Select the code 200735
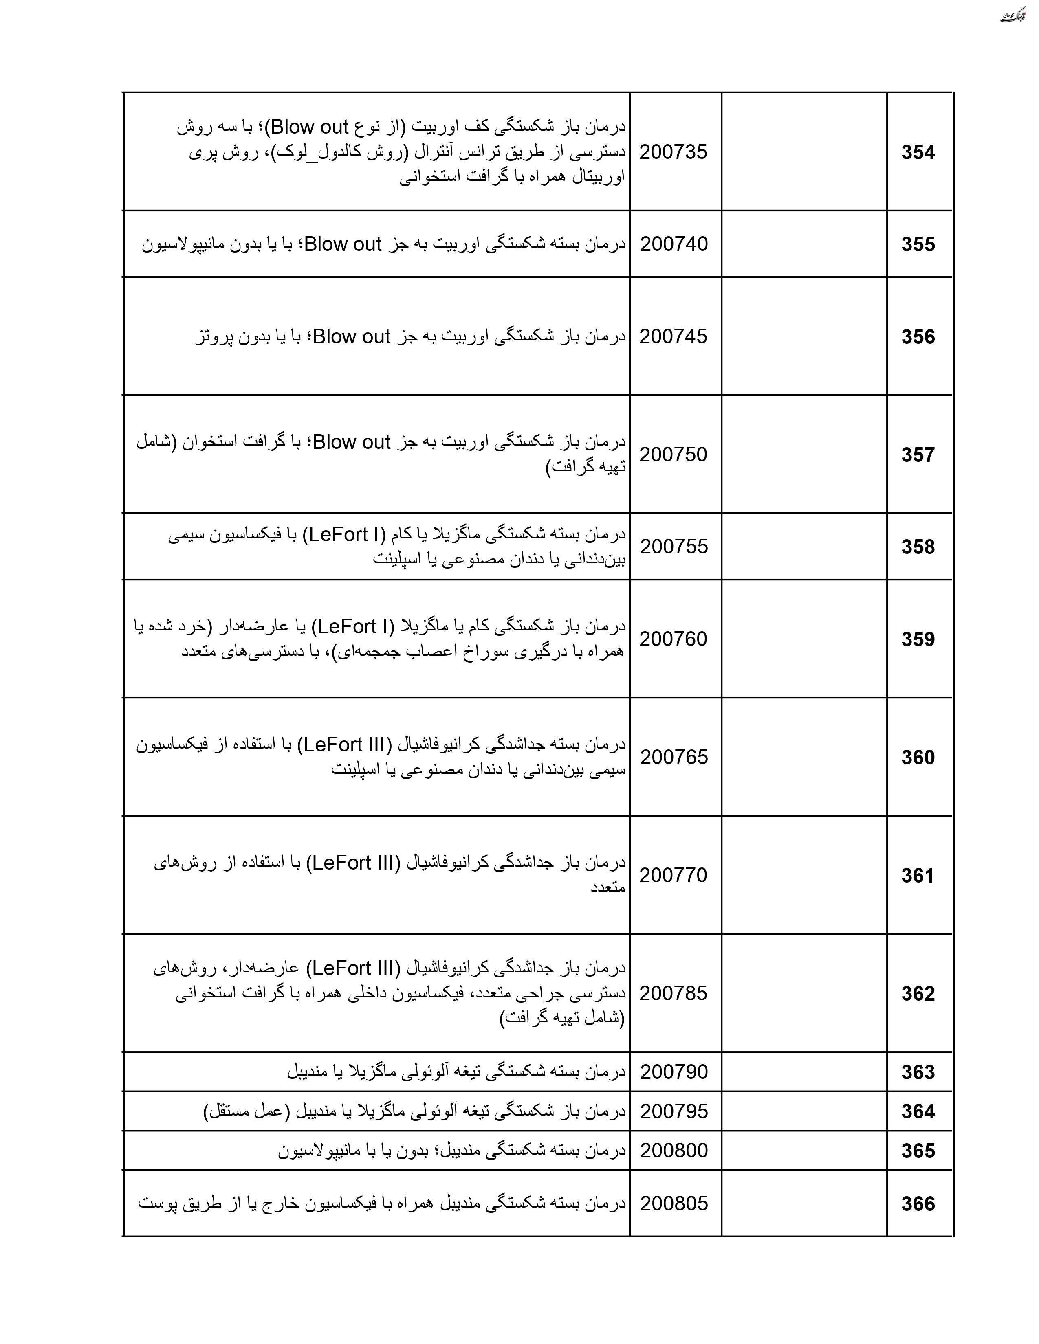click(674, 152)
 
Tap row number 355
click(918, 244)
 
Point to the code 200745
click(674, 337)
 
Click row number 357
click(918, 455)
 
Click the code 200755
click(674, 547)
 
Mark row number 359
click(918, 639)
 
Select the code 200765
click(674, 757)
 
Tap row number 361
click(918, 875)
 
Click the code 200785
click(674, 993)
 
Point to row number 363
click(918, 1072)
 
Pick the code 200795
click(674, 1111)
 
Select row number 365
click(918, 1151)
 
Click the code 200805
click(674, 1203)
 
